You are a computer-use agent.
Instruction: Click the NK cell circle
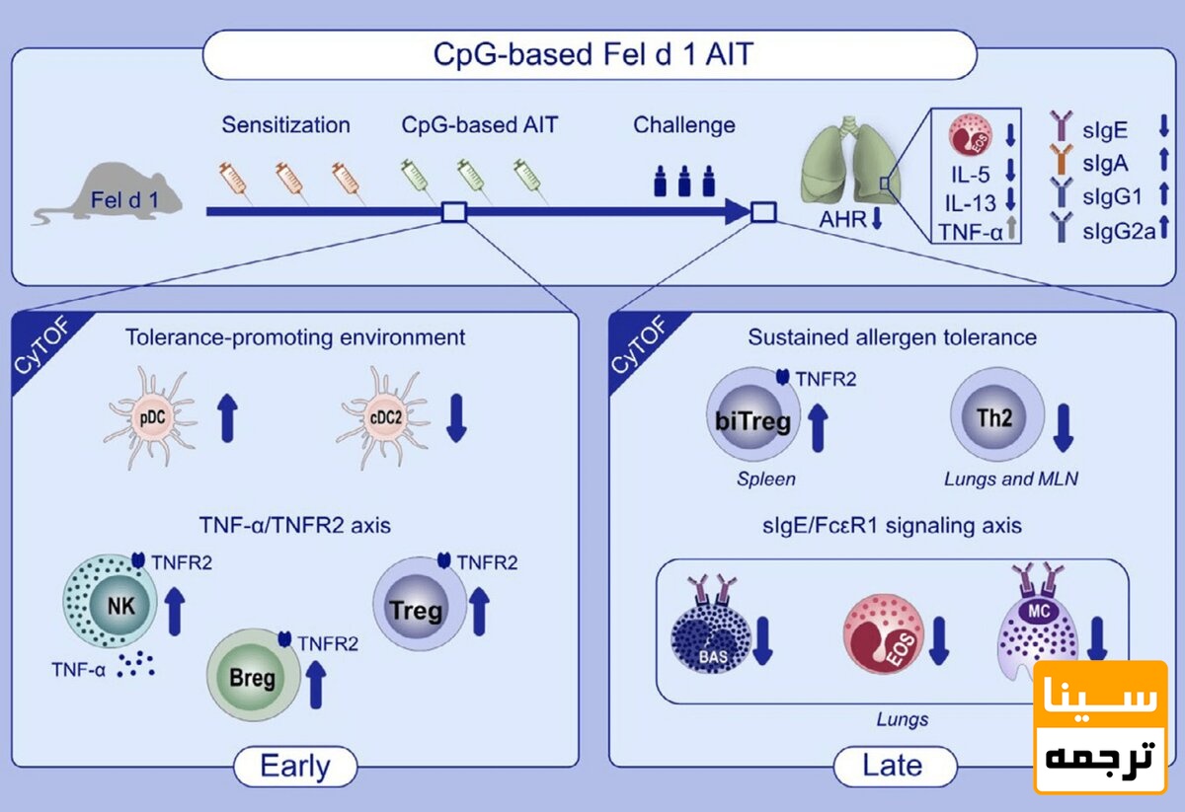(x=108, y=598)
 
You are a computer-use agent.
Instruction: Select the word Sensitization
(x=285, y=126)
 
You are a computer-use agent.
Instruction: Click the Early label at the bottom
(x=294, y=766)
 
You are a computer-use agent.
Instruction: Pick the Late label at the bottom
(x=894, y=766)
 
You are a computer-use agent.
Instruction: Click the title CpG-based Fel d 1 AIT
(x=592, y=54)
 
